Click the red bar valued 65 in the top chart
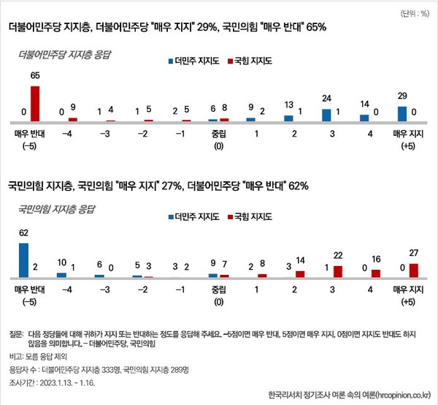pyautogui.click(x=35, y=103)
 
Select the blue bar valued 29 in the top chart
pyautogui.click(x=401, y=113)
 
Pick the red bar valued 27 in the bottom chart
pyautogui.click(x=413, y=270)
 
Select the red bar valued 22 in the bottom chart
pyautogui.click(x=337, y=271)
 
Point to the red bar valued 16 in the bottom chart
pyautogui.click(x=376, y=273)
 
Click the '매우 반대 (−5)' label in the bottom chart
pyautogui.click(x=29, y=294)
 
